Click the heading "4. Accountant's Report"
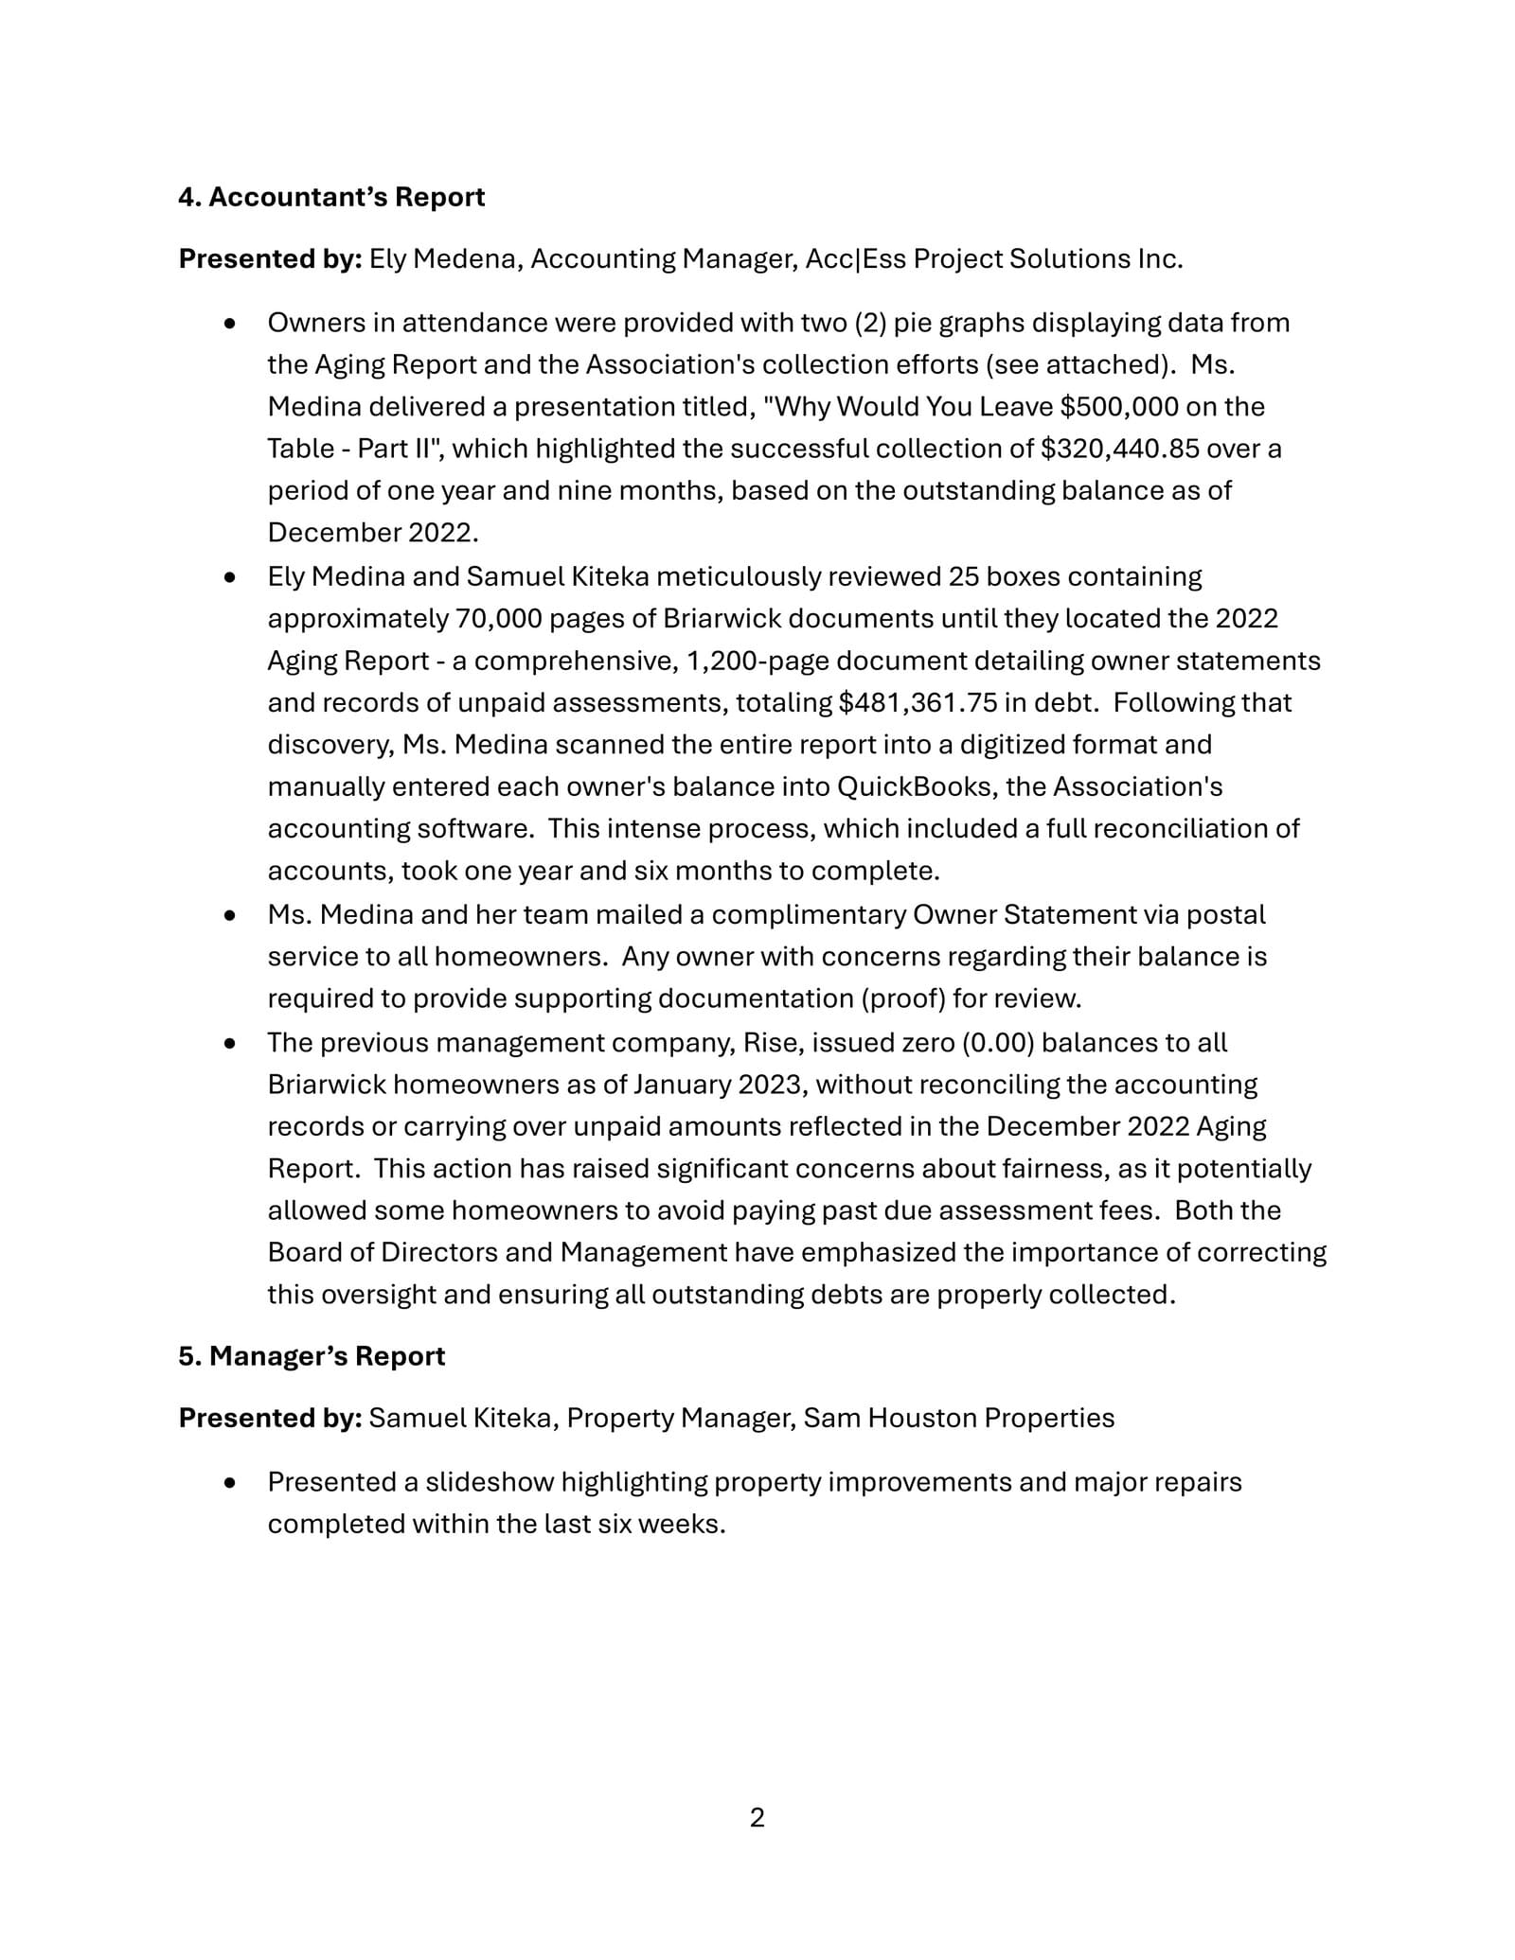pos(331,197)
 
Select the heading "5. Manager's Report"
pos(312,1356)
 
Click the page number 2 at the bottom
pos(757,1818)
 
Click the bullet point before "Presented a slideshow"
pos(229,1483)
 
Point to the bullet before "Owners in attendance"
pos(229,324)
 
